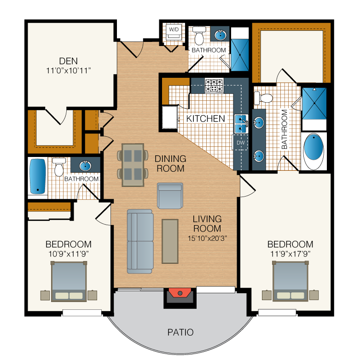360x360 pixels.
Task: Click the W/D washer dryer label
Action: [x=174, y=29]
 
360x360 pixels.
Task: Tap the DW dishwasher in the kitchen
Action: [x=241, y=142]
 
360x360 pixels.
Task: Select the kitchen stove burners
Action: [x=214, y=86]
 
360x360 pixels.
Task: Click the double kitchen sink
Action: [x=241, y=124]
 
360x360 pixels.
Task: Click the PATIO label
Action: [x=180, y=332]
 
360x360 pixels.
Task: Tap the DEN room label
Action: [x=69, y=61]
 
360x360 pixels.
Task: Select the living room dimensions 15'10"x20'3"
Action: [x=207, y=238]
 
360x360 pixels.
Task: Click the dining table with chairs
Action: [x=133, y=165]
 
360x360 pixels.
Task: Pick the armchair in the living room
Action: [x=170, y=196]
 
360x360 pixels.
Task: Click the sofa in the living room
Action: [x=140, y=241]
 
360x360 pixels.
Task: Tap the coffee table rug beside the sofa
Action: [x=170, y=241]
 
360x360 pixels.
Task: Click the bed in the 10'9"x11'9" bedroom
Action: [x=69, y=281]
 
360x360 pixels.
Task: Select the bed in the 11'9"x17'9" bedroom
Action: [x=290, y=281]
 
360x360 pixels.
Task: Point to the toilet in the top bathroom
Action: [x=199, y=35]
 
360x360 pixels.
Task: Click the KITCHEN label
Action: [x=205, y=119]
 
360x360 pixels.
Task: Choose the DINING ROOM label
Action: [x=170, y=163]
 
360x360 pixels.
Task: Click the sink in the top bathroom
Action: [x=220, y=35]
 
